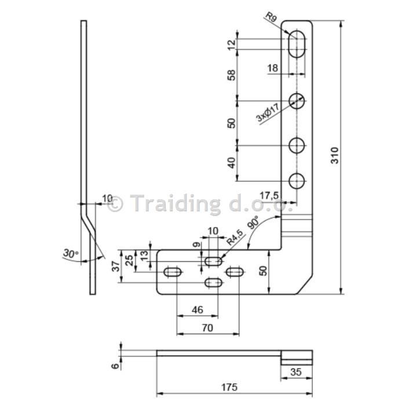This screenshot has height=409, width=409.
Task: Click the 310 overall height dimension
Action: tap(335, 155)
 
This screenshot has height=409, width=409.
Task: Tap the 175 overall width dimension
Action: tap(229, 387)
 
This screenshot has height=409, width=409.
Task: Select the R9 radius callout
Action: tap(271, 17)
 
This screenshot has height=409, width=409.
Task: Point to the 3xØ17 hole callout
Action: tap(268, 112)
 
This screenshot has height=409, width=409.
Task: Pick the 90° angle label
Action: tap(253, 222)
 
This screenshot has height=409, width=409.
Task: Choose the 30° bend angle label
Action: tap(71, 253)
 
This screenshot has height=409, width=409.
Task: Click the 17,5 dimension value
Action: tap(269, 195)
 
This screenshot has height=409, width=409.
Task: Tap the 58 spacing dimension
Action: tap(231, 75)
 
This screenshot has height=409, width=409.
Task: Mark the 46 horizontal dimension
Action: tap(197, 309)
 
